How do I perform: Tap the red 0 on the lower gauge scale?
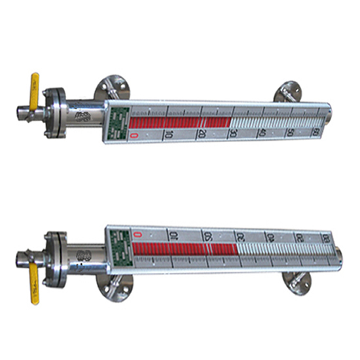click(137, 234)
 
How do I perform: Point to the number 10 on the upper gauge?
click(168, 135)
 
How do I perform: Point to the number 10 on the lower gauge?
click(173, 236)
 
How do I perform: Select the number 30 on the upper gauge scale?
click(232, 134)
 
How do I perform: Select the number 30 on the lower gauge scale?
click(240, 237)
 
